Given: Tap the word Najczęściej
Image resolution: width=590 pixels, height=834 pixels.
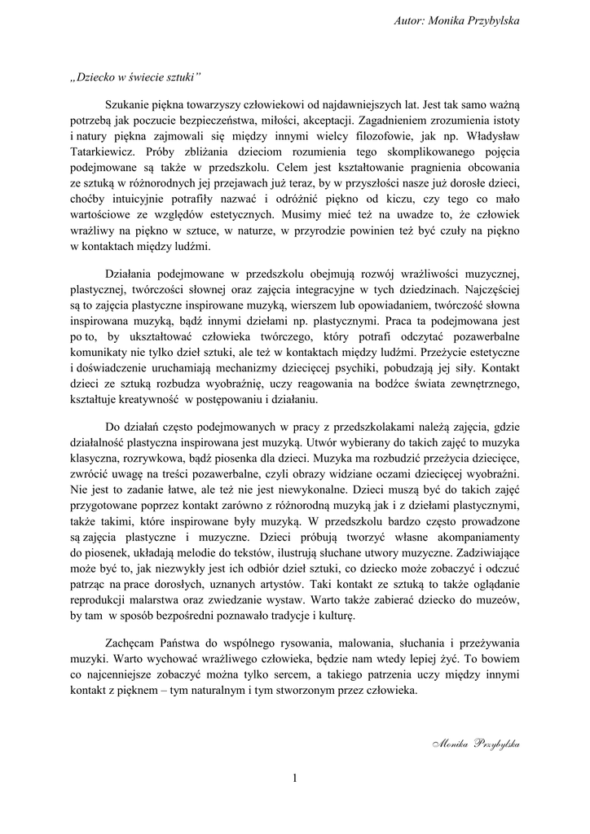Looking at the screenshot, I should [x=487, y=288].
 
